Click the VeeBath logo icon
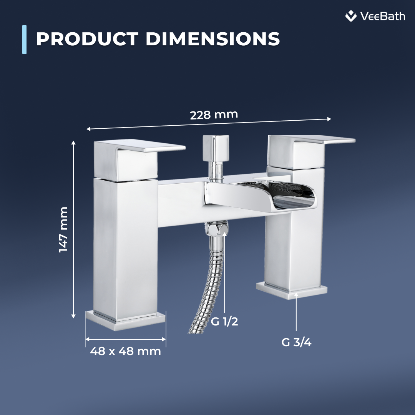[x=350, y=16]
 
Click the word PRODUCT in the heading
[x=87, y=39]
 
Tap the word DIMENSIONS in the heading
[x=212, y=39]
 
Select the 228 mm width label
[x=214, y=115]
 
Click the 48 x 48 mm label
[x=125, y=351]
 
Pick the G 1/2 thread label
[x=225, y=321]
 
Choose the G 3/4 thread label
[x=296, y=342]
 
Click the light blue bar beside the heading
[x=25, y=39]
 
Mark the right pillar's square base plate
[x=292, y=290]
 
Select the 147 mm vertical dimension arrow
[x=73, y=229]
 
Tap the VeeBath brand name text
[x=383, y=16]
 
